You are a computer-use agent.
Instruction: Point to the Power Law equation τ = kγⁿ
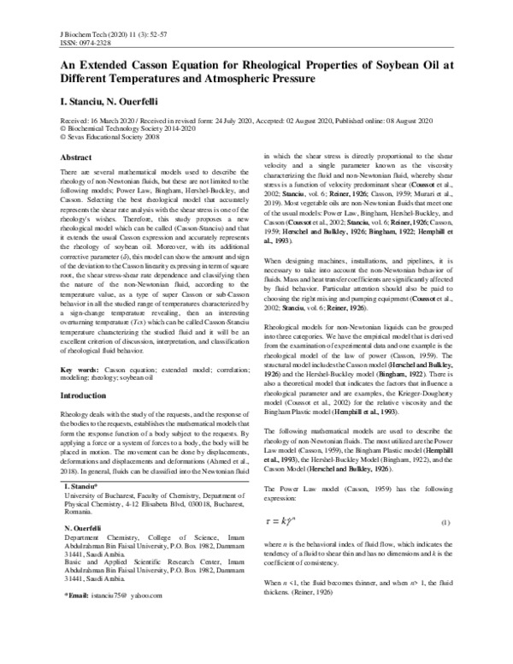coord(284,521)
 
